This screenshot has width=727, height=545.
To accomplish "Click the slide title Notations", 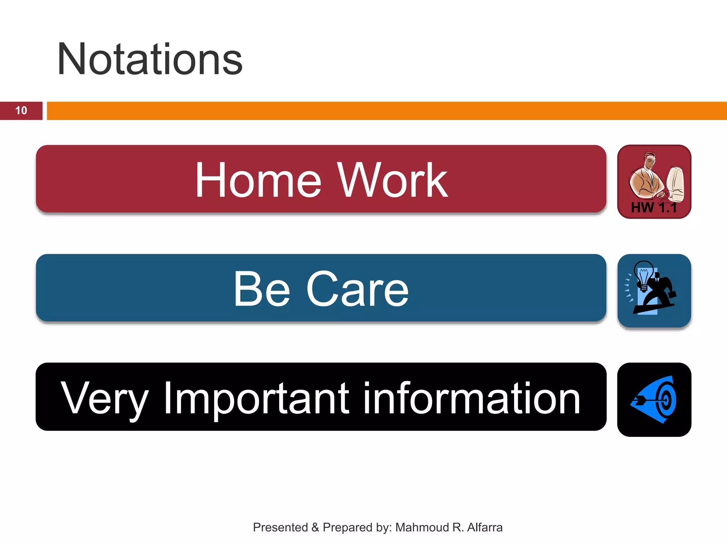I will (x=150, y=59).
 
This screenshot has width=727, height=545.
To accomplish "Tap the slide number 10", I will (x=21, y=111).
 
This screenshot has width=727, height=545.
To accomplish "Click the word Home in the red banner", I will (x=258, y=180).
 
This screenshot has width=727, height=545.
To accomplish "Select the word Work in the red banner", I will (x=392, y=180).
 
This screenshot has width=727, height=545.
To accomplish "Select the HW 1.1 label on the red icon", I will (x=654, y=208).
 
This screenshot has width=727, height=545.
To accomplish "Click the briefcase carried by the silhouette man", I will (x=672, y=294).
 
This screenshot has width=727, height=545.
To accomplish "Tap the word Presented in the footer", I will (x=280, y=528).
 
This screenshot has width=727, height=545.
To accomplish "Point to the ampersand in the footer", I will (x=315, y=528).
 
